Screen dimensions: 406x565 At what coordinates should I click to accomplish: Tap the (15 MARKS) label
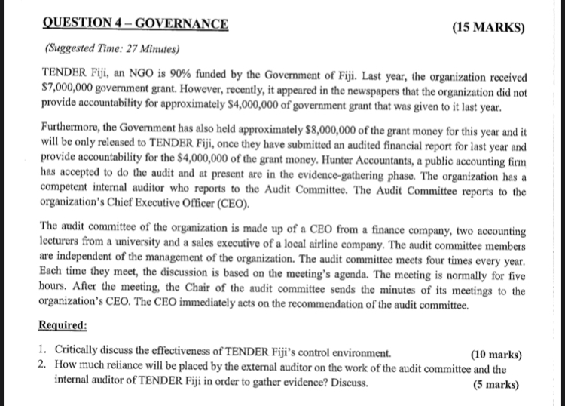coord(487,28)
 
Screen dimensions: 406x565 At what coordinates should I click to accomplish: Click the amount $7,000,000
coord(69,91)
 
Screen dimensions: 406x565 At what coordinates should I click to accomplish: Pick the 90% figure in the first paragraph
coord(193,78)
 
